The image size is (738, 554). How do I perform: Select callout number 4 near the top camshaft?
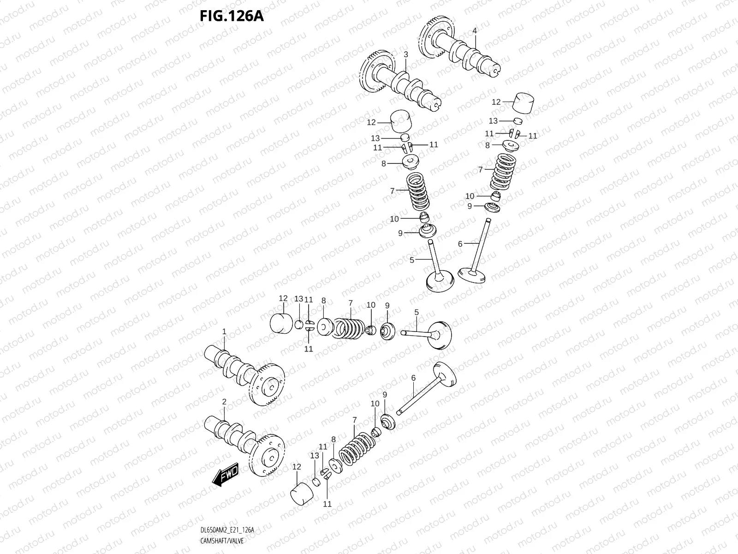[x=475, y=31]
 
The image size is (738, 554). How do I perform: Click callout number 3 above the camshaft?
[x=406, y=54]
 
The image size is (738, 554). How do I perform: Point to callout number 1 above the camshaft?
[x=224, y=331]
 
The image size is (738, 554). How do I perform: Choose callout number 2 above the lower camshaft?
[x=224, y=402]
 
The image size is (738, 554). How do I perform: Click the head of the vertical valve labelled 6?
[x=471, y=276]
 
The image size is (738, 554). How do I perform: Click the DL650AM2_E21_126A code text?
[x=227, y=530]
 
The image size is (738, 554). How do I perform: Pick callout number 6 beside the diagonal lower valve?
[x=413, y=378]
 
